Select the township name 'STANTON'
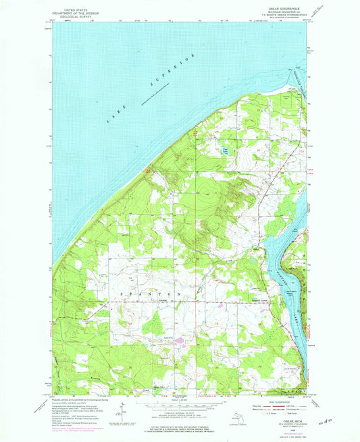point(151,296)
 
